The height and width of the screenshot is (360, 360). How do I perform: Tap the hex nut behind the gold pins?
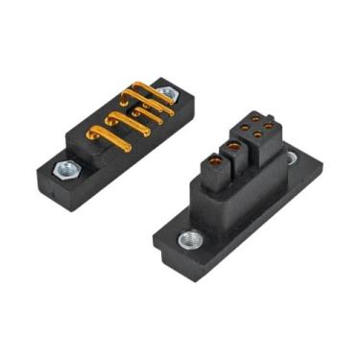click(166, 93)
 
